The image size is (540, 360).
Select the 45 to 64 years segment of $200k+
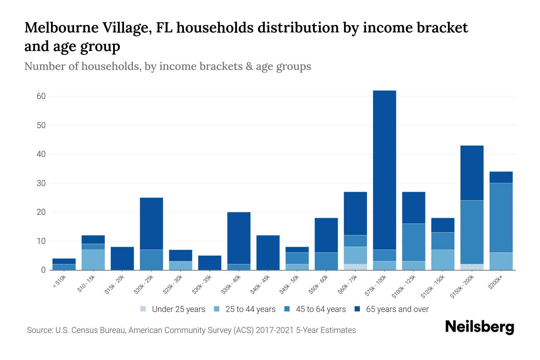(501, 218)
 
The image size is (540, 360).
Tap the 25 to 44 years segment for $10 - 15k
(93, 260)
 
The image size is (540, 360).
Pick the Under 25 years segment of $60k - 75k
(355, 267)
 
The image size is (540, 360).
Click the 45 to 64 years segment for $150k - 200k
(472, 232)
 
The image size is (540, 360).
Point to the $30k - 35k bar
(210, 263)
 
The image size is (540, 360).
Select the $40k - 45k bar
(268, 253)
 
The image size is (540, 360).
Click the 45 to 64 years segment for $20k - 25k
(151, 260)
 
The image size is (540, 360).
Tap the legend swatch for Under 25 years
(143, 309)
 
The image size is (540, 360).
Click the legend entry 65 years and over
(397, 309)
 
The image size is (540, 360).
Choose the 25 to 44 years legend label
(250, 309)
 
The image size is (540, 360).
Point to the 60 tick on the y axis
(41, 96)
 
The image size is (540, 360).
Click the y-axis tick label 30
(41, 183)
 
